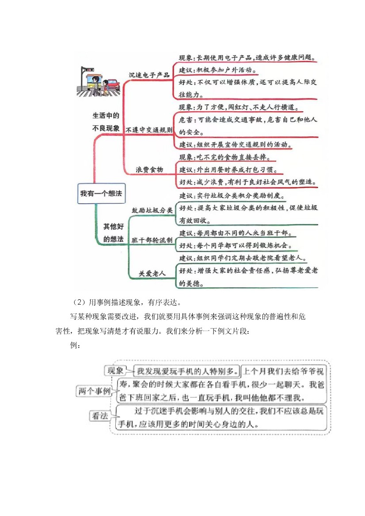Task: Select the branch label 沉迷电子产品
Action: point(149,75)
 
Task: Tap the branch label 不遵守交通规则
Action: point(149,130)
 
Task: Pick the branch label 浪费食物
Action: point(149,169)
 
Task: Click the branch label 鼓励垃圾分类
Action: point(152,211)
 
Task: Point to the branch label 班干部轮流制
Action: point(152,240)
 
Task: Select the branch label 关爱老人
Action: point(152,274)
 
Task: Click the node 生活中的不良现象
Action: point(106,122)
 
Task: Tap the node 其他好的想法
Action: point(113,232)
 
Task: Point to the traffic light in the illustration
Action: point(88,70)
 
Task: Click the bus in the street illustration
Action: point(94,82)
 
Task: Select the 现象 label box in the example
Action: point(115,370)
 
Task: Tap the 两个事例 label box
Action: point(94,391)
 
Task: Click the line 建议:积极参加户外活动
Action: point(217,70)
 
